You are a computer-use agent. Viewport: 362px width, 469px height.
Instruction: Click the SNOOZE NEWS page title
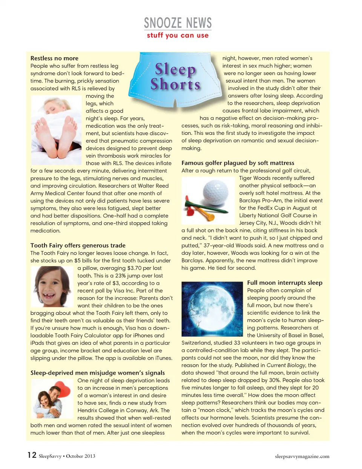tap(178, 23)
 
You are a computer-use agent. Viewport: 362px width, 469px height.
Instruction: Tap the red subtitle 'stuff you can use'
tap(178, 35)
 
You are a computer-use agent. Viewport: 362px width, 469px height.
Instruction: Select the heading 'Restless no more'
tap(54, 58)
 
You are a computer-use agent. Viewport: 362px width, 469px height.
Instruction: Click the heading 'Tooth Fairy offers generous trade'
tap(78, 245)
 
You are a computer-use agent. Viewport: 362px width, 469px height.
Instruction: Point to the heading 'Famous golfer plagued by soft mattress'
tap(238, 163)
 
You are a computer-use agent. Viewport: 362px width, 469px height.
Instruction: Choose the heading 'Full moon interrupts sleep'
tap(285, 283)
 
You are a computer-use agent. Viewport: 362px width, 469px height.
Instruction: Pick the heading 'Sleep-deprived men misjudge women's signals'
tap(97, 373)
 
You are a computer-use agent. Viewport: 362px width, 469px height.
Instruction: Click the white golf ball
tap(215, 191)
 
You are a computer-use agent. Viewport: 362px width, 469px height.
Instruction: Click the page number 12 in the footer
tap(32, 455)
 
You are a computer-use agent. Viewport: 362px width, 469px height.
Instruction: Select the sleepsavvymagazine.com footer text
tap(302, 456)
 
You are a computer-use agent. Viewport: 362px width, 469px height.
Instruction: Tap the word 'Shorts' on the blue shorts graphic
tap(175, 84)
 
